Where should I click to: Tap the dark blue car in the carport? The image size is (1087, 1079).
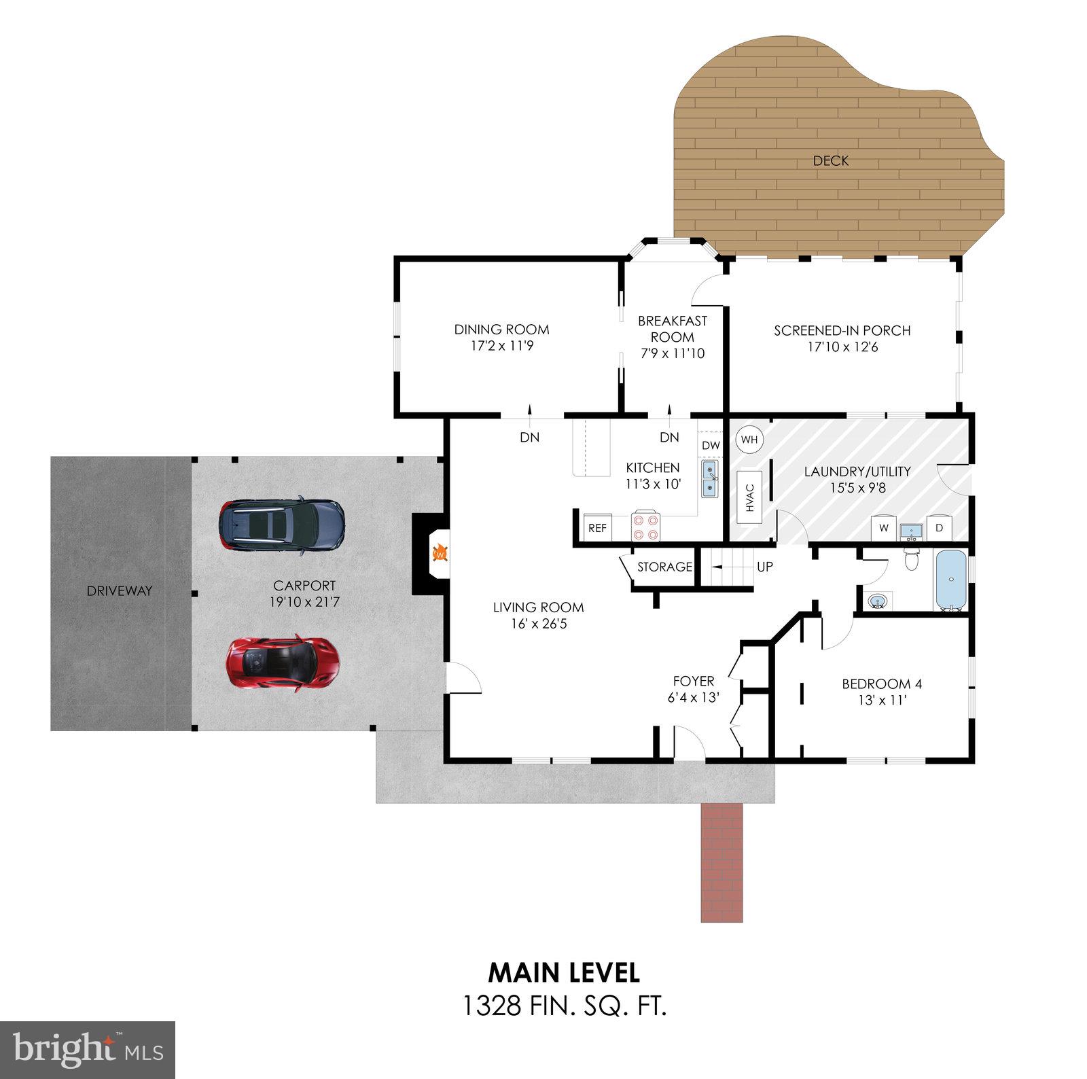point(281,525)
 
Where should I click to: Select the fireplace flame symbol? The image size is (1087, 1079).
point(440,554)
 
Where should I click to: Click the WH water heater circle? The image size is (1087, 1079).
point(749,440)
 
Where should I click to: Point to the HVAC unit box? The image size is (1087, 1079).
point(750,497)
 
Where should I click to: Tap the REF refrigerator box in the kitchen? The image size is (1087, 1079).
point(597,528)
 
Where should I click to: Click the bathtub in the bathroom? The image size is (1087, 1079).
point(951,580)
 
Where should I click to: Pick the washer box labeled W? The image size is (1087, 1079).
point(884,527)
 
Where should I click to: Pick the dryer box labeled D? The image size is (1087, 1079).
point(939,527)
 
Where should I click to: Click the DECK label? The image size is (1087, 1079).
point(830,161)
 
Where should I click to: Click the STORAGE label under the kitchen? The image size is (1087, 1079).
point(664,567)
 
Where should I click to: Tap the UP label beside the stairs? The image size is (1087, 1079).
point(764,567)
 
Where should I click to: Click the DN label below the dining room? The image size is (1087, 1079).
point(529,438)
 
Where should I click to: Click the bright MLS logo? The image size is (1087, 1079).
point(88,1050)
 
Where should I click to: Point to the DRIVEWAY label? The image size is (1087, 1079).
point(120,591)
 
